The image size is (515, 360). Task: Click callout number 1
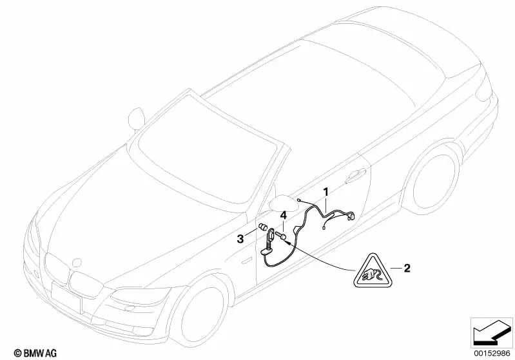tap(326, 191)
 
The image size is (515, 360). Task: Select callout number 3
tap(239, 238)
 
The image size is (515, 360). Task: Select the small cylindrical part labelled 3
tap(263, 227)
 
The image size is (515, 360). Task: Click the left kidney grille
tap(56, 272)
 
